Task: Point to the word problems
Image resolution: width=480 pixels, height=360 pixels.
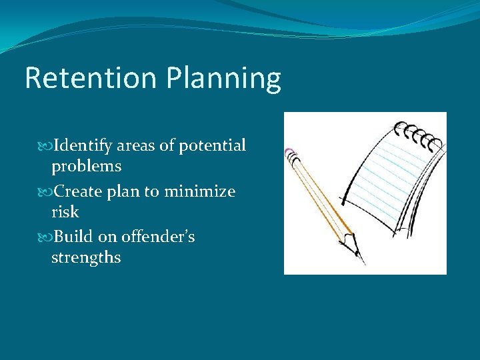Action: [x=86, y=166]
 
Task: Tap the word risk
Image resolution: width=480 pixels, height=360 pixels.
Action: [x=65, y=212]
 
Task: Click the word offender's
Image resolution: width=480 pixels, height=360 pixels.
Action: [x=158, y=237]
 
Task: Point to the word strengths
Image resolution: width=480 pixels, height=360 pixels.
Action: [x=86, y=257]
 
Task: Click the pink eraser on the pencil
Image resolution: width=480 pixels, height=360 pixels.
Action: [x=289, y=154]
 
